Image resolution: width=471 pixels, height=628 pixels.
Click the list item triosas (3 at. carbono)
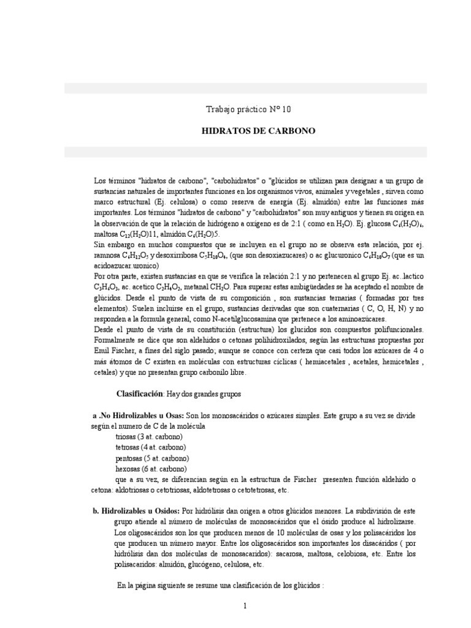(x=149, y=437)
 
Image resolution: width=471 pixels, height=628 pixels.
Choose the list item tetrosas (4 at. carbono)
(x=150, y=448)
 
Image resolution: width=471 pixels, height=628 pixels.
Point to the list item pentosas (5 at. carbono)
(x=151, y=459)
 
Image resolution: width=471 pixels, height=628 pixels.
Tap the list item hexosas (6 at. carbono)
(x=150, y=470)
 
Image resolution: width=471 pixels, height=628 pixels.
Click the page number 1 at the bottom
(x=245, y=607)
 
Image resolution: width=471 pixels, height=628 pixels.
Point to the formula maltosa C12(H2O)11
(x=124, y=235)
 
